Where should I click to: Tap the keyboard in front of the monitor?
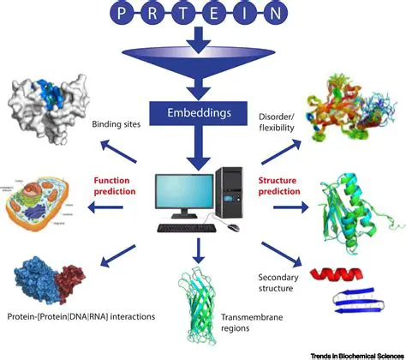point(186,229)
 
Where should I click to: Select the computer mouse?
point(233,227)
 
